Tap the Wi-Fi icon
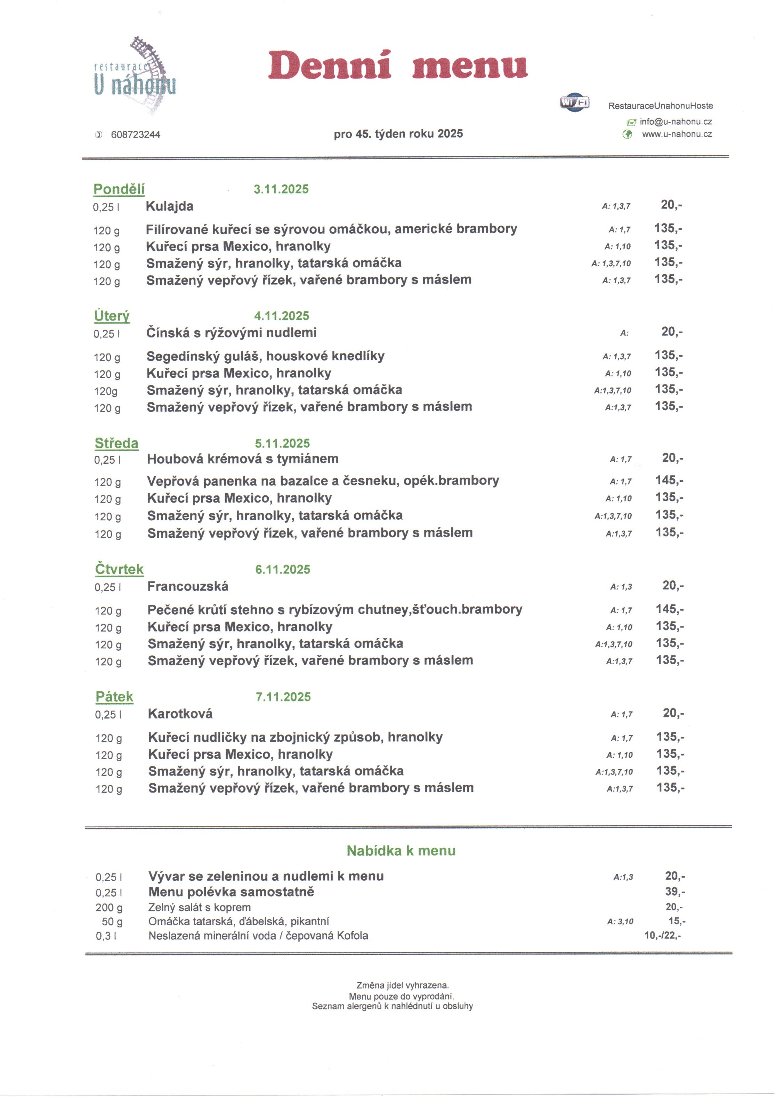pos(574,102)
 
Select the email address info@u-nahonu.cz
pos(676,122)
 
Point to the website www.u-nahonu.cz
pos(677,134)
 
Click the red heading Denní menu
pos(397,66)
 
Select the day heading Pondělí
pos(119,189)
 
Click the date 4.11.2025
pos(282,316)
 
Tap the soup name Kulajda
pos(170,206)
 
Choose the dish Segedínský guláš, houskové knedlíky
pos(265,356)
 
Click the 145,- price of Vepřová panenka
pos(669,480)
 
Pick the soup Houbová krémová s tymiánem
pos(243,459)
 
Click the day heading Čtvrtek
pos(119,569)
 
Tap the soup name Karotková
pos(180,714)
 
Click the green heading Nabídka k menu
pos(401,851)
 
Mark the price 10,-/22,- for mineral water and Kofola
pos(662,935)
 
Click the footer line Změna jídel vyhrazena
pos(402,985)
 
